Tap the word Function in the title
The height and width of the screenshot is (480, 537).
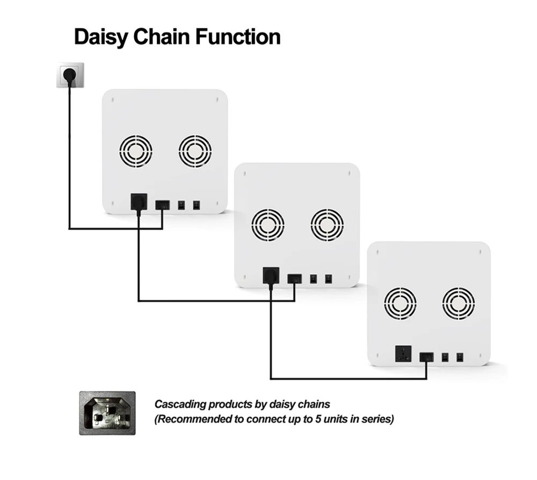[238, 37]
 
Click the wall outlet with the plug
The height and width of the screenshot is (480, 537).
[70, 75]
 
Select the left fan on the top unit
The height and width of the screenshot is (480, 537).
[136, 151]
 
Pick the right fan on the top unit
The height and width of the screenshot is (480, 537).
[195, 151]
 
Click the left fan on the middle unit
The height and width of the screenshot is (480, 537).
[268, 225]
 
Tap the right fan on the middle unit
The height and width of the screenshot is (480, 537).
[327, 225]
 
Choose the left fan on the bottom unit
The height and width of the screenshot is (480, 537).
[400, 304]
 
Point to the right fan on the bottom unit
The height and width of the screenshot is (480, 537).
[458, 304]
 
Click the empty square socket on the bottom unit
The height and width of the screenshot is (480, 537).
[403, 354]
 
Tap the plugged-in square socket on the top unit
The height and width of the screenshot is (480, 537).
[139, 202]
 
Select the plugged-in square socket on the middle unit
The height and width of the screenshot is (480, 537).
[271, 275]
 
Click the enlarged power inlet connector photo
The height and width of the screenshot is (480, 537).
[107, 413]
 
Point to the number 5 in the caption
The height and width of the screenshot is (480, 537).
[318, 419]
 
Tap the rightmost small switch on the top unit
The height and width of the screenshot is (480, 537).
[196, 205]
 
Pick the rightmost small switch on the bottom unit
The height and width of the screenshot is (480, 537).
[460, 357]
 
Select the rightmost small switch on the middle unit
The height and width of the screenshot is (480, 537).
[329, 278]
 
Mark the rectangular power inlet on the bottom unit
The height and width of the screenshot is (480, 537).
[426, 357]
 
